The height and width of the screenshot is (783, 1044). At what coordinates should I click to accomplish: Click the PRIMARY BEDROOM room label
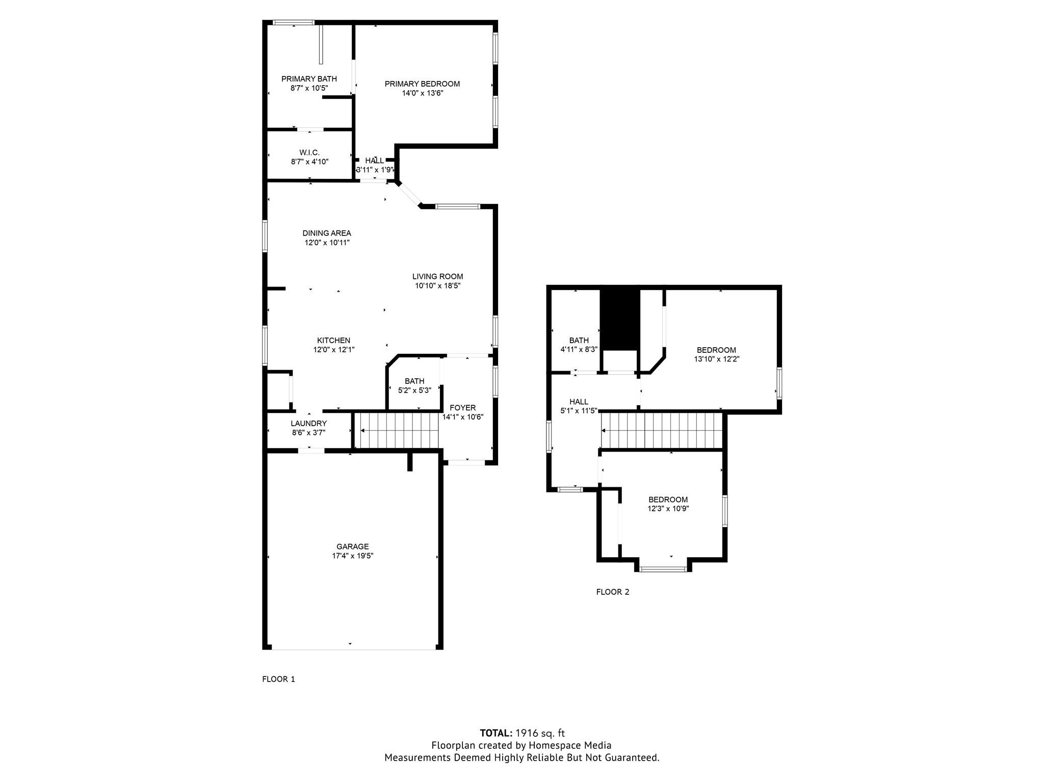[x=422, y=84]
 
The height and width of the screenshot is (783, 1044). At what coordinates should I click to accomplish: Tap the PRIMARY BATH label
[x=309, y=79]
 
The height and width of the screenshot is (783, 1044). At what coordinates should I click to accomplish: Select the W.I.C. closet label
[x=309, y=153]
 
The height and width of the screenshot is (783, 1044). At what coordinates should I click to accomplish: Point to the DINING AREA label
[x=327, y=233]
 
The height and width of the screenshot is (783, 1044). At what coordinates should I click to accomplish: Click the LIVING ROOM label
[x=438, y=277]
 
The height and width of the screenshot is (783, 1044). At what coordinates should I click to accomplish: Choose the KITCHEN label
[x=334, y=341]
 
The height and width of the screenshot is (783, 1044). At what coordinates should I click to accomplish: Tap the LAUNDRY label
[x=309, y=424]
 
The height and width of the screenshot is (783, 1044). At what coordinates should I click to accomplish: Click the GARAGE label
[x=352, y=547]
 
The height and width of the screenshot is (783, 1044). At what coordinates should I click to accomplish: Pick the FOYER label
[x=463, y=408]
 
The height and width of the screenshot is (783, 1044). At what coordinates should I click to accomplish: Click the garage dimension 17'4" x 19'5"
[x=353, y=556]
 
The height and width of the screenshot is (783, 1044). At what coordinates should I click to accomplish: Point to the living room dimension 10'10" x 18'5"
[x=438, y=286]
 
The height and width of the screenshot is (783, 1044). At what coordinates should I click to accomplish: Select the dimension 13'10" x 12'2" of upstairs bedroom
[x=717, y=359]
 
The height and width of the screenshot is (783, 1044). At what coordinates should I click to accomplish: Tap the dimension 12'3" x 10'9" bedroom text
[x=668, y=509]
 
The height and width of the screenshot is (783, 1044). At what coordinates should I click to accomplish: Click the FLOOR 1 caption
[x=278, y=679]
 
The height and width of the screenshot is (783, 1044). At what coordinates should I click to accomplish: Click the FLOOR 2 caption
[x=613, y=592]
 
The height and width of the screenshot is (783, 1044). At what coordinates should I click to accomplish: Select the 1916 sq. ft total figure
[x=540, y=734]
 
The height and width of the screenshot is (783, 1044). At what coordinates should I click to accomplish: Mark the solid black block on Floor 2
[x=619, y=320]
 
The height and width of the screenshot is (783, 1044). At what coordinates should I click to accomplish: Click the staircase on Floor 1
[x=397, y=431]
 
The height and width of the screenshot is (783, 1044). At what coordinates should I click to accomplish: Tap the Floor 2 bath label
[x=579, y=341]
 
